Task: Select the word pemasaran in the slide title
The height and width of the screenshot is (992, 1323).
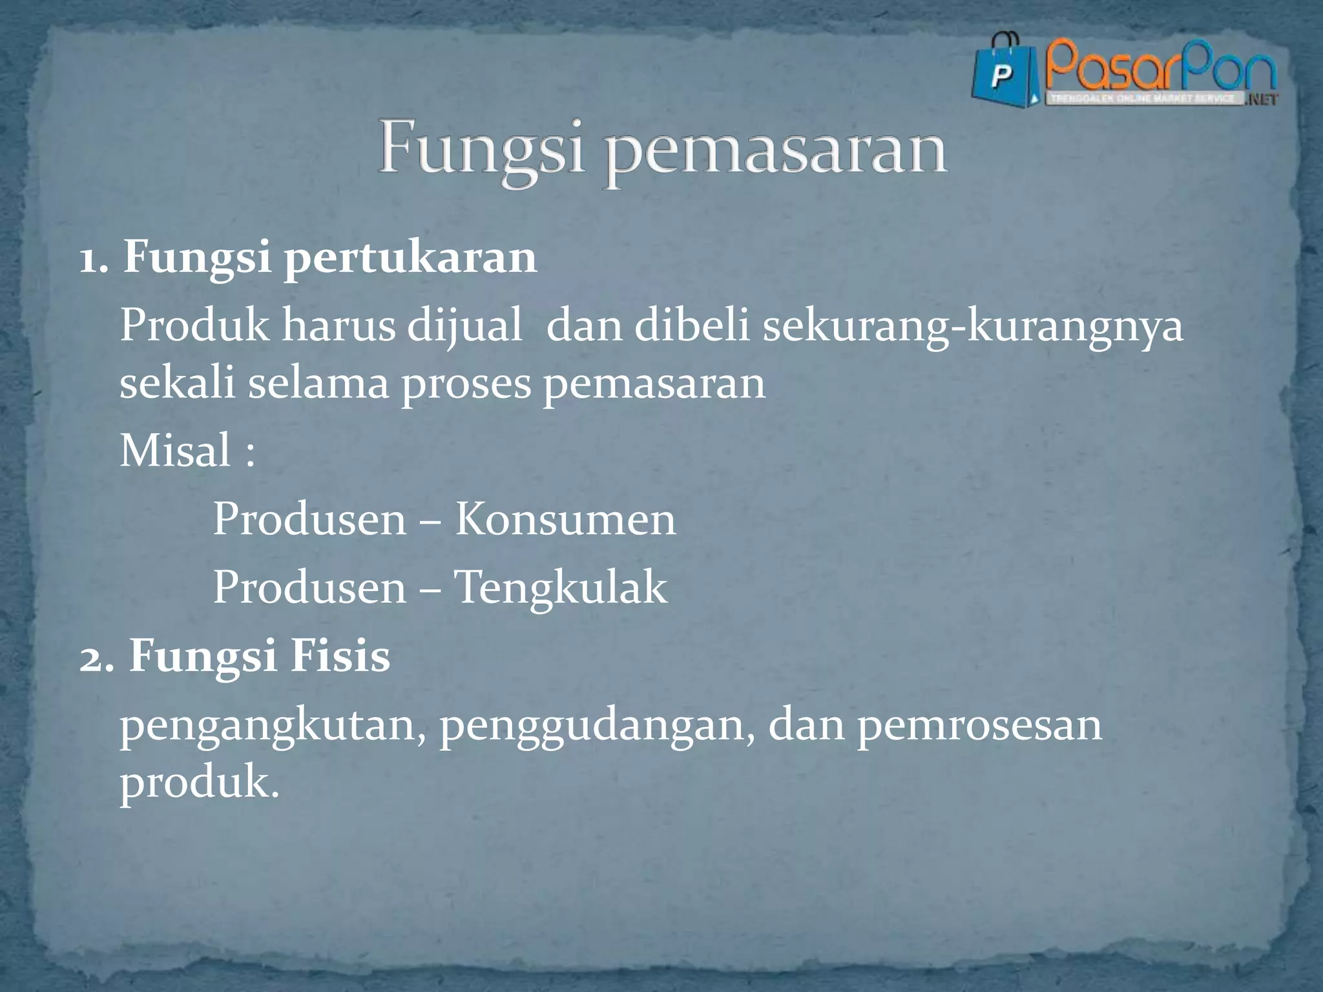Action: coord(776,155)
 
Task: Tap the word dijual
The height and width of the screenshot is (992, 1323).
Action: coord(464,326)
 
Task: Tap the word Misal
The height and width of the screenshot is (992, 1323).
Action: coord(175,451)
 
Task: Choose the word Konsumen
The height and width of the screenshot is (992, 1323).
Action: coord(565,520)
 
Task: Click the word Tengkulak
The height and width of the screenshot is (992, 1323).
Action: coord(560,588)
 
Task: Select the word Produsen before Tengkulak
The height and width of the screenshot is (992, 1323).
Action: coord(309,588)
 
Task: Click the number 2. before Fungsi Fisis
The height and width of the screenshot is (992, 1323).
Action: coord(97,657)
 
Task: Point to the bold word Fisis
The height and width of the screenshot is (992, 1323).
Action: coord(340,657)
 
